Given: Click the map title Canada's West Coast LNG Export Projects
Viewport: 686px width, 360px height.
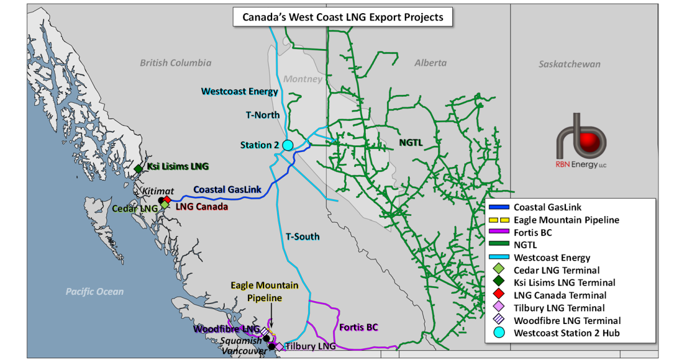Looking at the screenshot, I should point(343,17).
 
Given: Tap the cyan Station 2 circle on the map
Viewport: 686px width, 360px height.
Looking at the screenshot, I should point(288,145).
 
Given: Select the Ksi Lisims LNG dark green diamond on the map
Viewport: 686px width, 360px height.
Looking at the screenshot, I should point(138,169).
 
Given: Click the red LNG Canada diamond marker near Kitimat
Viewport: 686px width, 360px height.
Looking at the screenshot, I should point(167,199).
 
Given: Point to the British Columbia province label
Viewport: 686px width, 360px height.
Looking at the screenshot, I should point(176,63).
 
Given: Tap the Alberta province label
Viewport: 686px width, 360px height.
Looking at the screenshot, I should point(430,63).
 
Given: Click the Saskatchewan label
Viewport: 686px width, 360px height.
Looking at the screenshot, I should point(569,64).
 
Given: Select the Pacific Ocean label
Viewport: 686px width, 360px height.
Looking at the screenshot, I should point(94,291).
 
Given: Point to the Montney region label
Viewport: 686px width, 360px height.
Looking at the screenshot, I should point(303,79).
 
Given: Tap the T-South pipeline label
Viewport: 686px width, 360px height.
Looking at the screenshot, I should point(302,237).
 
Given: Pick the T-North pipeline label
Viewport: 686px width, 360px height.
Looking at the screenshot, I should point(263,115).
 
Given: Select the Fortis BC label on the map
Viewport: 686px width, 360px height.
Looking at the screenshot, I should point(358,328).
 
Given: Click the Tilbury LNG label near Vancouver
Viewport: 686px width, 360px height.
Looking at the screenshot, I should point(311,346).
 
